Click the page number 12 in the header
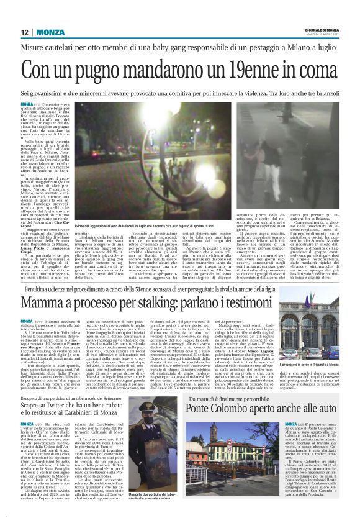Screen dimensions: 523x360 coord(24,32)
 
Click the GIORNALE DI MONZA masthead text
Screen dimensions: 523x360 coord(324,30)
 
